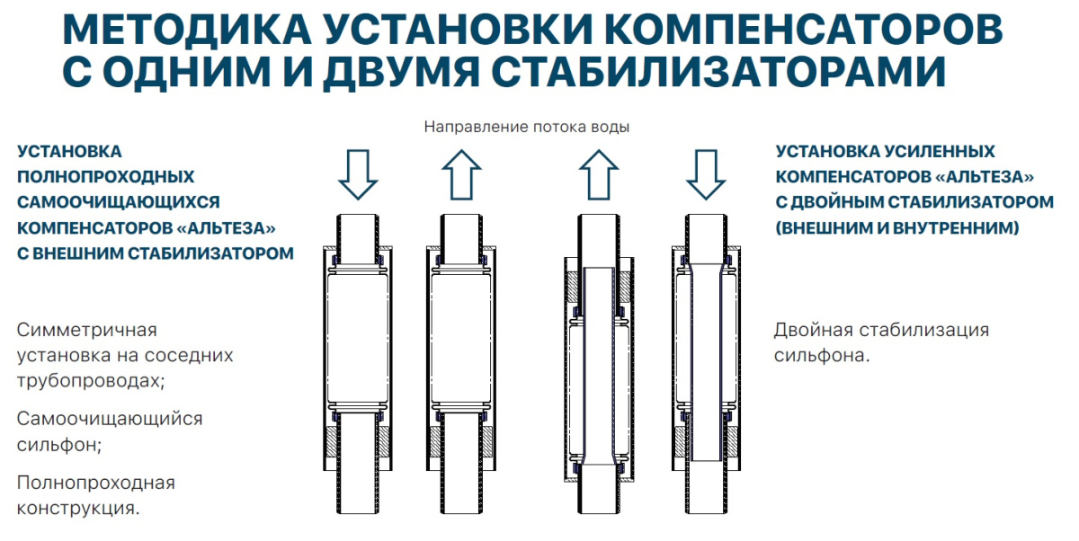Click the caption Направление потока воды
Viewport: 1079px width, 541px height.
tap(527, 127)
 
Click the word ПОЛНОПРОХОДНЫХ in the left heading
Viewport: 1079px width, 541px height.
tap(106, 177)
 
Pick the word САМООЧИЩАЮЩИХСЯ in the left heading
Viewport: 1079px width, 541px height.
tap(118, 202)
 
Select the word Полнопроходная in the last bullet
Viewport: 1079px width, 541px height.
tap(96, 483)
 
